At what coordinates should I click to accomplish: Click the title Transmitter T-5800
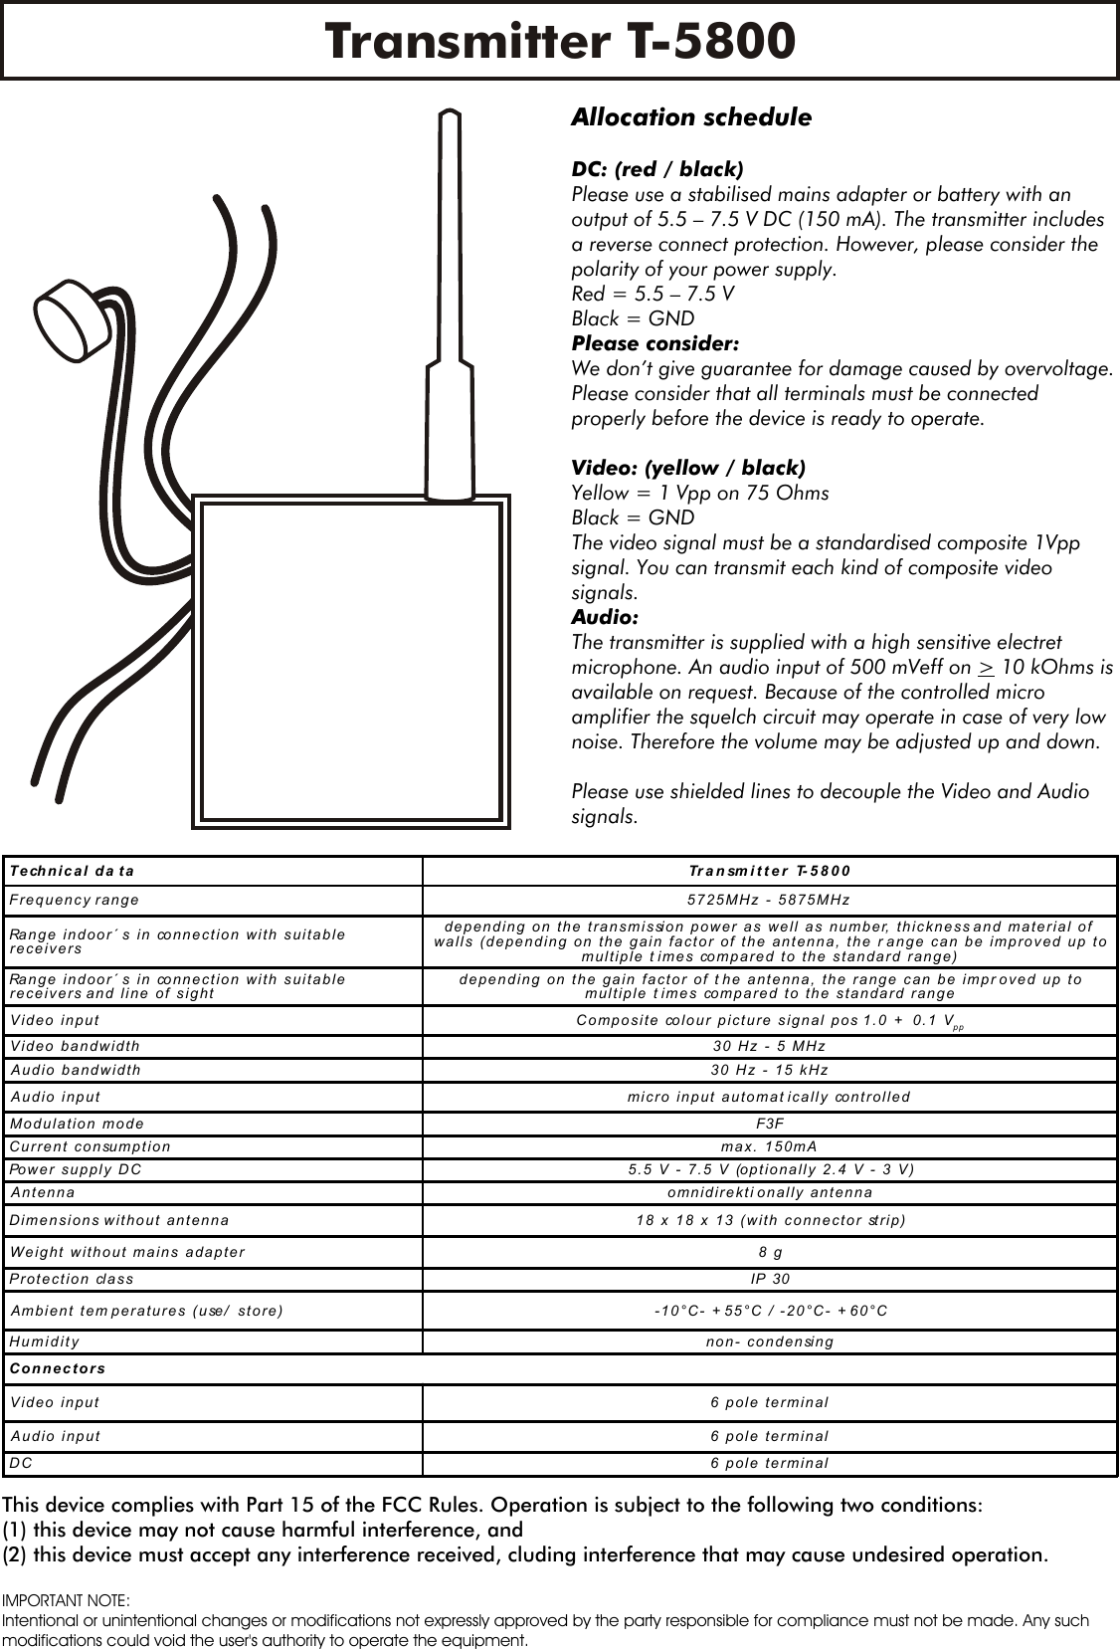click(560, 42)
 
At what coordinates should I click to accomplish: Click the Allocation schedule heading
click(690, 117)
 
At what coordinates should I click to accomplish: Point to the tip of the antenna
click(450, 117)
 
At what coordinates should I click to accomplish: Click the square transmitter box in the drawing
click(350, 661)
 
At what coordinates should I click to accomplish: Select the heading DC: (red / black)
click(656, 168)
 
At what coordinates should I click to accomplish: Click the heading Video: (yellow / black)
click(688, 468)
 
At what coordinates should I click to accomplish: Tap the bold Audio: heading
click(605, 617)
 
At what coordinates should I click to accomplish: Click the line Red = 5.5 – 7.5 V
click(653, 294)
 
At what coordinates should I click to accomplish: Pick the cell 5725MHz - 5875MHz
click(769, 900)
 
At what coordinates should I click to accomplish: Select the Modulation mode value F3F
click(769, 1124)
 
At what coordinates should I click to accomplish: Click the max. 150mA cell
click(769, 1146)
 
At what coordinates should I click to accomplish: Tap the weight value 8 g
click(769, 1252)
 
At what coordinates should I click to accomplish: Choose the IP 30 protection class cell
click(769, 1279)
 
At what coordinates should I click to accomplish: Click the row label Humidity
click(45, 1341)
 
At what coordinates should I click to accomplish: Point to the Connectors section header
click(58, 1368)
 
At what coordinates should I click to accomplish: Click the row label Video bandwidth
click(76, 1046)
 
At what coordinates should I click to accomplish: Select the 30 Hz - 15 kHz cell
click(769, 1070)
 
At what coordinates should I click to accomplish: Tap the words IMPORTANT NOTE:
click(66, 1600)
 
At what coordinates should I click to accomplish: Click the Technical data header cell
click(72, 871)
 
